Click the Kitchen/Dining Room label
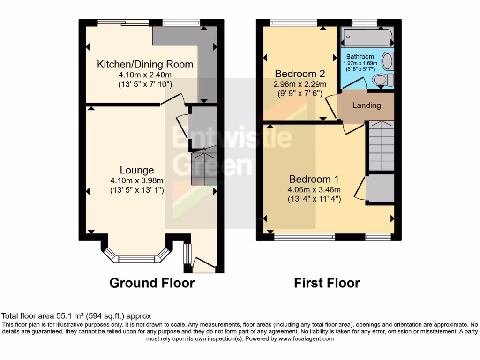tap(145, 64)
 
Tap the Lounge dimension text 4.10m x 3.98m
tap(136, 180)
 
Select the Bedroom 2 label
tap(300, 74)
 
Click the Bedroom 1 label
tap(314, 179)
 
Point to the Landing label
tap(367, 105)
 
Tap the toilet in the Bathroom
tap(383, 80)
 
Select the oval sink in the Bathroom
tap(388, 61)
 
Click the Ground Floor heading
tap(152, 283)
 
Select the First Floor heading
tap(327, 283)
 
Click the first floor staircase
tap(381, 146)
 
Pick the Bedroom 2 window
tap(294, 22)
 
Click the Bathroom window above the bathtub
tap(365, 22)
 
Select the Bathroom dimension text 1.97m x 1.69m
tap(360, 64)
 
